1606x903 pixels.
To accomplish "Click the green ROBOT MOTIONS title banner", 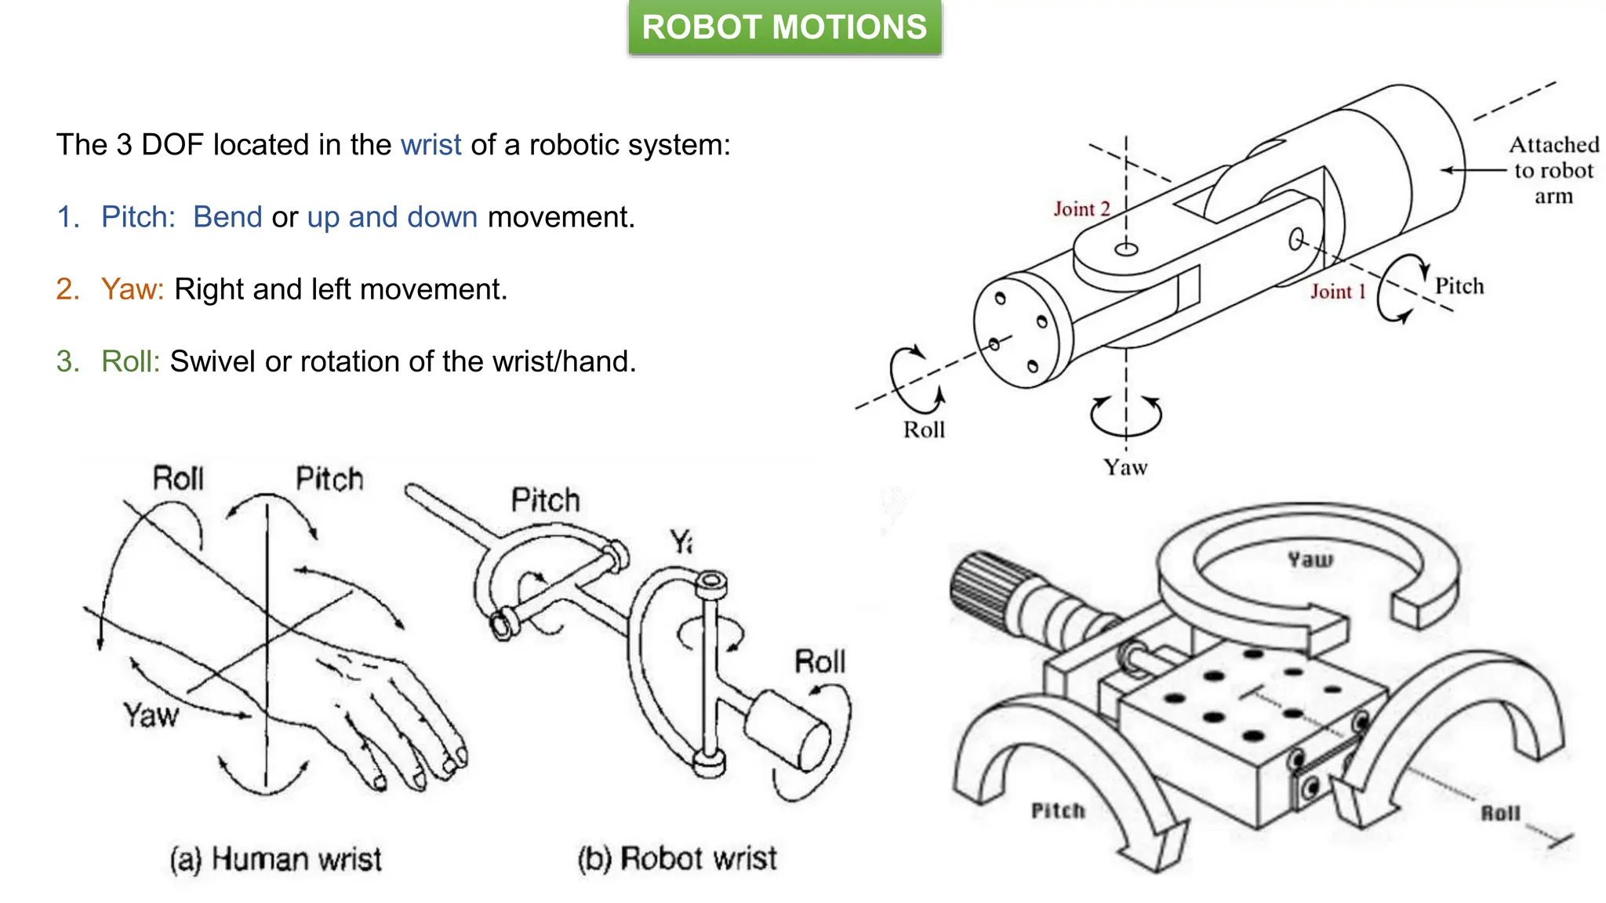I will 784,27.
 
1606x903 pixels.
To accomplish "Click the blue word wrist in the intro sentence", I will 431,145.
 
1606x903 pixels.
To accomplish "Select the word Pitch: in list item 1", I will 138,217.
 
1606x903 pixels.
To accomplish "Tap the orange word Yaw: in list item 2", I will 132,289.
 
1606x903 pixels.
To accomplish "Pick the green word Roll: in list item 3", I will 130,361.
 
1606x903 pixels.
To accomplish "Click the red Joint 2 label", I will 1081,209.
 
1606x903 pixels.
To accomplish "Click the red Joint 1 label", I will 1338,292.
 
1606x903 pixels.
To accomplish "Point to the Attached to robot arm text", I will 1553,170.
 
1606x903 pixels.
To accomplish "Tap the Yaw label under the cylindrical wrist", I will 1125,467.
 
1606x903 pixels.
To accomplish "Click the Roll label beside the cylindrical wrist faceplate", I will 924,430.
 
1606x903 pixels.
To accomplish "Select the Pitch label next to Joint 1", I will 1459,286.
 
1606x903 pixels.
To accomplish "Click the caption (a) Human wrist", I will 275,859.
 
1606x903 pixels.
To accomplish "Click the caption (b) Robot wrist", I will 677,858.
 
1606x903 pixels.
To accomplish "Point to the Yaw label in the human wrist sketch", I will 151,715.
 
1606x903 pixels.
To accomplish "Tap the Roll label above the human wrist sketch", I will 178,478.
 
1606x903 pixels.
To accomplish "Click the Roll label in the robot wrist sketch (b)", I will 819,662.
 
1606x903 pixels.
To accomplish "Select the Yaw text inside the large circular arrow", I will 1310,560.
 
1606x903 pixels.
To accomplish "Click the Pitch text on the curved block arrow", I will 1057,811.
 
